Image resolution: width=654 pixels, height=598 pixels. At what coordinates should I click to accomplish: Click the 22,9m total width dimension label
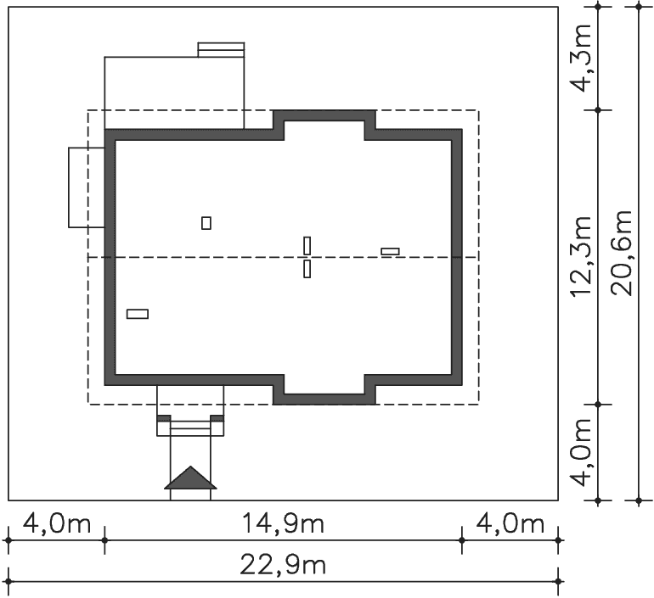click(x=283, y=566)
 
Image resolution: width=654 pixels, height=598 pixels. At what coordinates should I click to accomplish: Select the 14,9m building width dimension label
click(x=283, y=524)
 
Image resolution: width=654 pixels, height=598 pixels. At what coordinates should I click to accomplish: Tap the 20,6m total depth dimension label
click(x=622, y=253)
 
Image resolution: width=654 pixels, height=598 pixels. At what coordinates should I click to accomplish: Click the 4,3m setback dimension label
click(x=581, y=59)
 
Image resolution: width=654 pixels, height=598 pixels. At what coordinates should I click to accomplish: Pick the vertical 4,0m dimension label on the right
click(x=581, y=452)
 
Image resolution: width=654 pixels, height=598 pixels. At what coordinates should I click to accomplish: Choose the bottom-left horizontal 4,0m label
click(x=57, y=524)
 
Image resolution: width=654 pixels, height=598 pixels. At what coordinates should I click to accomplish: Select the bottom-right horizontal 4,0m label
click(x=510, y=524)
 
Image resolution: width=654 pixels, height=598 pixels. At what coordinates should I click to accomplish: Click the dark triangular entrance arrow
click(x=190, y=478)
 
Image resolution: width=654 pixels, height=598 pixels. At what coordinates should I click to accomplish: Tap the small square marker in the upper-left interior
click(x=206, y=223)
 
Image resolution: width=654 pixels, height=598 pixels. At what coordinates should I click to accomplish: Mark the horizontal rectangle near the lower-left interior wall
click(x=138, y=314)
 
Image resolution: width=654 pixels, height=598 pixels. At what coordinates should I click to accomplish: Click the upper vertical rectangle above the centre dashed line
click(x=307, y=246)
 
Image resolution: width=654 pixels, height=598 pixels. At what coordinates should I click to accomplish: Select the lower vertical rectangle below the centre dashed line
click(x=307, y=269)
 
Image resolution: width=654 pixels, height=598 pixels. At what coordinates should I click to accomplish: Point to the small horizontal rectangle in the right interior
click(x=390, y=252)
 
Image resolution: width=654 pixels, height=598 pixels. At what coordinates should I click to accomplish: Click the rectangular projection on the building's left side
click(x=87, y=187)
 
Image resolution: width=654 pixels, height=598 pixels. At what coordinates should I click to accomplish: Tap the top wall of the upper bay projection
click(x=324, y=115)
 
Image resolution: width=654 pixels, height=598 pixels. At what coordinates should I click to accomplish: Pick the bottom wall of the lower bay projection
click(x=324, y=399)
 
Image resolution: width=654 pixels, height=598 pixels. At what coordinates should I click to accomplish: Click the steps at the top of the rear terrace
click(x=221, y=49)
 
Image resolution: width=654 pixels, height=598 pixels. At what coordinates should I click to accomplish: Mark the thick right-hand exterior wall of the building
click(x=457, y=257)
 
